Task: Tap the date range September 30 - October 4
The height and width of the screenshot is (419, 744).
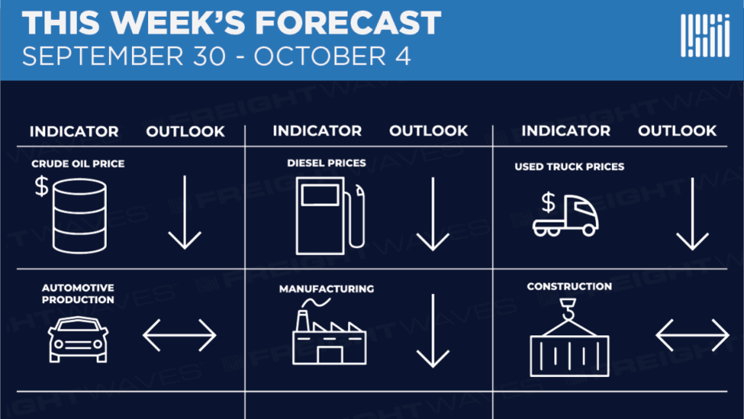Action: click(x=217, y=57)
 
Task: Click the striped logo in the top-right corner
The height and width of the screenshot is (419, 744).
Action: click(x=705, y=35)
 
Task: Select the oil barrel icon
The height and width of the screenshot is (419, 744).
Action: click(x=79, y=216)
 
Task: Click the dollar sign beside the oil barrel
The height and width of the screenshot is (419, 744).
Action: click(x=41, y=186)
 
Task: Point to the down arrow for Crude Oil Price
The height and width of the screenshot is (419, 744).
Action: click(x=184, y=213)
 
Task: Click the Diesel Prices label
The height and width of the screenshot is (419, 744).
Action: click(x=326, y=163)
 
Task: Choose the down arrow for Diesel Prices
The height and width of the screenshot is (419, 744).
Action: click(x=433, y=214)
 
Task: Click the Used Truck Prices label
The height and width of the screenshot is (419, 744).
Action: click(x=570, y=167)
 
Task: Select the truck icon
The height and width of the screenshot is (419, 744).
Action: click(x=565, y=216)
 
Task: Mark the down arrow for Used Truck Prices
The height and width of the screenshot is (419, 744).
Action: click(x=693, y=214)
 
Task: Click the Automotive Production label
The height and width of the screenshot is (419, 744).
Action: click(x=78, y=294)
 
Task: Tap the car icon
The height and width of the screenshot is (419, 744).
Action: click(x=78, y=340)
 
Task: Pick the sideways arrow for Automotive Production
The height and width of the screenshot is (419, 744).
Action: click(x=180, y=335)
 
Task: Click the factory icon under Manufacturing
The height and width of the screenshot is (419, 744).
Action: click(x=329, y=332)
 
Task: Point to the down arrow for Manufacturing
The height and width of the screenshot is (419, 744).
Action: click(x=433, y=331)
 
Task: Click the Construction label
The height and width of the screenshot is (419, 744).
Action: click(x=570, y=286)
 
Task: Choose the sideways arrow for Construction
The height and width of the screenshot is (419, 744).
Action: click(x=693, y=335)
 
